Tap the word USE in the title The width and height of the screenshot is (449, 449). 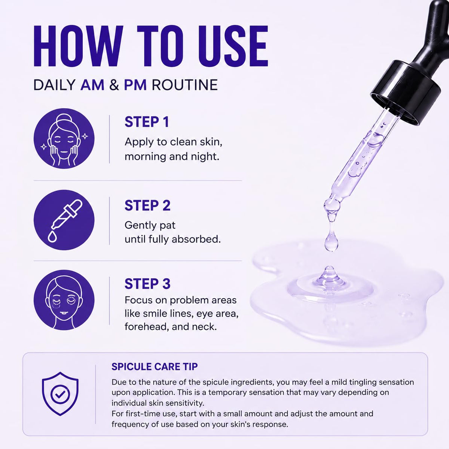click(x=233, y=46)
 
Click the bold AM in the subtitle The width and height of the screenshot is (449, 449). click(x=92, y=85)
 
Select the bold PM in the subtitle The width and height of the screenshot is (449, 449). click(x=135, y=85)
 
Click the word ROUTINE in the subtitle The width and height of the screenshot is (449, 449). click(x=185, y=85)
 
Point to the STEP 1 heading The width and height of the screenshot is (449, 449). click(x=147, y=122)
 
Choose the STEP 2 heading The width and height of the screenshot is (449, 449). click(x=147, y=205)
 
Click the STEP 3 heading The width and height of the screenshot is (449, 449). click(x=147, y=284)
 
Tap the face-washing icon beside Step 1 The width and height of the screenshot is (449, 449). click(x=64, y=139)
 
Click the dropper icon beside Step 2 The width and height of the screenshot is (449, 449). click(x=64, y=220)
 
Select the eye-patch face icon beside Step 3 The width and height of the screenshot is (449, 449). click(x=64, y=300)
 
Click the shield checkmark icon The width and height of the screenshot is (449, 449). click(x=60, y=394)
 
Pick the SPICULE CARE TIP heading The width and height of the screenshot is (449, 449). click(x=155, y=367)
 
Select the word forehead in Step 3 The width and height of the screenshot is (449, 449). click(x=146, y=327)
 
